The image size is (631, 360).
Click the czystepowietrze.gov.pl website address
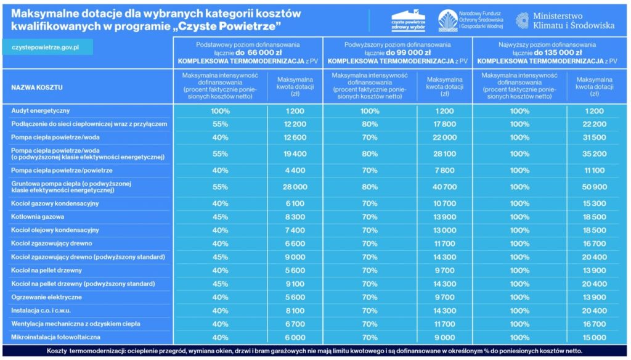[x=46, y=47]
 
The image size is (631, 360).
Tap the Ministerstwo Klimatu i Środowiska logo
[x=565, y=20]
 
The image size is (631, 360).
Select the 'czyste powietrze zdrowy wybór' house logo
[x=408, y=20]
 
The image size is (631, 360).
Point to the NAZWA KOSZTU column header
[x=37, y=88]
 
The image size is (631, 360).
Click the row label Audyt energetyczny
[x=41, y=111]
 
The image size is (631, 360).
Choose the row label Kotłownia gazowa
[x=38, y=216]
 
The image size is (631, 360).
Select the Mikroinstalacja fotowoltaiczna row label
[x=56, y=337]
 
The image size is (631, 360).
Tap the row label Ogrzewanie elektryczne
[x=47, y=297]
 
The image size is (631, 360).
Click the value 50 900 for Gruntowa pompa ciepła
[x=595, y=187]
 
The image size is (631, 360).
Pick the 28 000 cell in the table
[x=295, y=187]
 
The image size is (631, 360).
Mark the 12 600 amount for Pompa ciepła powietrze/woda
[x=295, y=137]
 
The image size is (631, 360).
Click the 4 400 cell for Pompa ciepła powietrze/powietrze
[x=295, y=170]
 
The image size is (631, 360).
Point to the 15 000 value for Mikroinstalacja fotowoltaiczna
[x=595, y=337]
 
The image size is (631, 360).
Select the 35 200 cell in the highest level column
[x=595, y=154]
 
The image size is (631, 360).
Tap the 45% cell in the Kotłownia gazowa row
[x=220, y=216]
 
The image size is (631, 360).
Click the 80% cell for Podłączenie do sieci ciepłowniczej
[x=370, y=124]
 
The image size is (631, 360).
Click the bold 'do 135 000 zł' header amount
[x=555, y=53]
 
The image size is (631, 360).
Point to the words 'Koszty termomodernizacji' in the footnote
[x=86, y=351]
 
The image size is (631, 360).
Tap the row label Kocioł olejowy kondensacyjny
[x=55, y=230]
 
